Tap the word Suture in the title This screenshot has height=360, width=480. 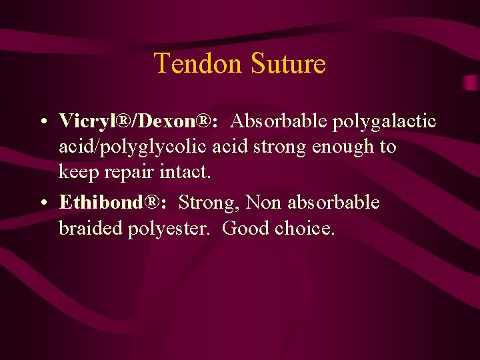tap(289, 64)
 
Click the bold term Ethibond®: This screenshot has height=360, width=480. tap(113, 202)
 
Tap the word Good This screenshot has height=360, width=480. tap(243, 228)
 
